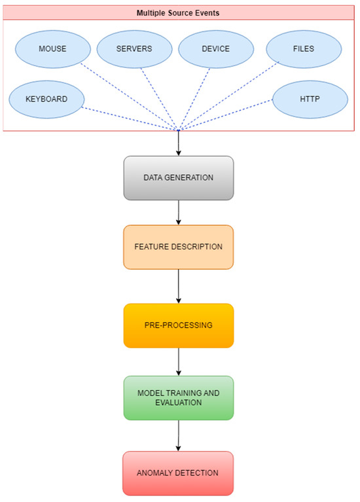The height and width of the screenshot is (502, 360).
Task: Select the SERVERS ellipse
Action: point(135,49)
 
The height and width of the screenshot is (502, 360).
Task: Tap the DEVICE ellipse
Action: point(216,49)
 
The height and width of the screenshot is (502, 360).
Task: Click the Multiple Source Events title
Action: point(178,12)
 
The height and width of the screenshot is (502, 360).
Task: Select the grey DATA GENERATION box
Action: point(178,177)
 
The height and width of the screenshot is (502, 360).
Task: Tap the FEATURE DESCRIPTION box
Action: point(178,247)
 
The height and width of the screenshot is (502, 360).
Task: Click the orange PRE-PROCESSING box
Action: point(178,325)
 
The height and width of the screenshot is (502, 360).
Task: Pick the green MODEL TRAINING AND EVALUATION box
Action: point(178,397)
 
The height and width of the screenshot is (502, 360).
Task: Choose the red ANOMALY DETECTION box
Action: point(178,473)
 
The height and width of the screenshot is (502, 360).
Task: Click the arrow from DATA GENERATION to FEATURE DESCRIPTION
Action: point(178,212)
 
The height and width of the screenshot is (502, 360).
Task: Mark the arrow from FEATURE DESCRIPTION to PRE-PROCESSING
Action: point(178,286)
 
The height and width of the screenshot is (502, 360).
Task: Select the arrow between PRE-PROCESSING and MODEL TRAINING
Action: point(178,361)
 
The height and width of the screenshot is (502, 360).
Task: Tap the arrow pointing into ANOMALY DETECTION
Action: point(178,435)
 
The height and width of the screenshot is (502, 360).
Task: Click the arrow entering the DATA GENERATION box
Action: point(178,144)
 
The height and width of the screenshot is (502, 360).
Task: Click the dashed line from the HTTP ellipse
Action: point(229,115)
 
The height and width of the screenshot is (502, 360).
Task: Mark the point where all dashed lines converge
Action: point(178,130)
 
